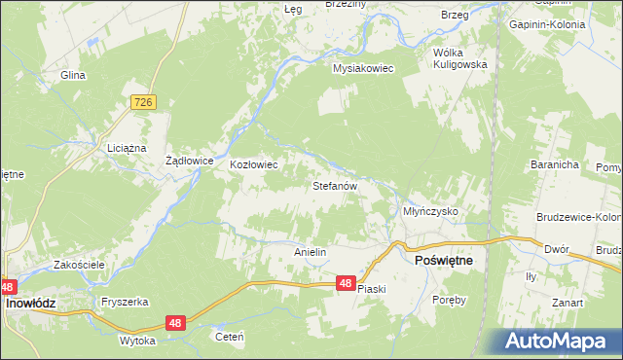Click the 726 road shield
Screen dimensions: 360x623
[143, 102]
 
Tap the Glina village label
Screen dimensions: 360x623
[73, 75]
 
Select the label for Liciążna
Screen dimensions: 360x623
[126, 148]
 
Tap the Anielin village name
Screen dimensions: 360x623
[310, 252]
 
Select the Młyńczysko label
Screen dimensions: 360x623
[430, 211]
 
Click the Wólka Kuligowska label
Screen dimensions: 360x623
[459, 57]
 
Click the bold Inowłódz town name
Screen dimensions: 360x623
[31, 304]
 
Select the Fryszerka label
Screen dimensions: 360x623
[123, 302]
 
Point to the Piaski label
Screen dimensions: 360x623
[372, 289]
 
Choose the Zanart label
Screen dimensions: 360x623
[566, 303]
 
